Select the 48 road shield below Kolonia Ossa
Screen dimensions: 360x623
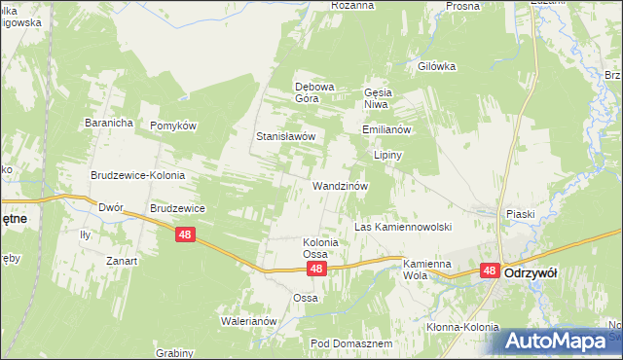click(315, 268)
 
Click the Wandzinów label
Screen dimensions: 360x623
click(339, 185)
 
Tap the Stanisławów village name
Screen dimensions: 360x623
click(285, 137)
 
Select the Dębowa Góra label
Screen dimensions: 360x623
click(314, 92)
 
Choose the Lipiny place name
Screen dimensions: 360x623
click(388, 155)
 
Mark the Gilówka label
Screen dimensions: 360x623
click(437, 66)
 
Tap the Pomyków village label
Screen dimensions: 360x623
click(174, 126)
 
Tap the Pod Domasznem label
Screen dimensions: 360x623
click(351, 344)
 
